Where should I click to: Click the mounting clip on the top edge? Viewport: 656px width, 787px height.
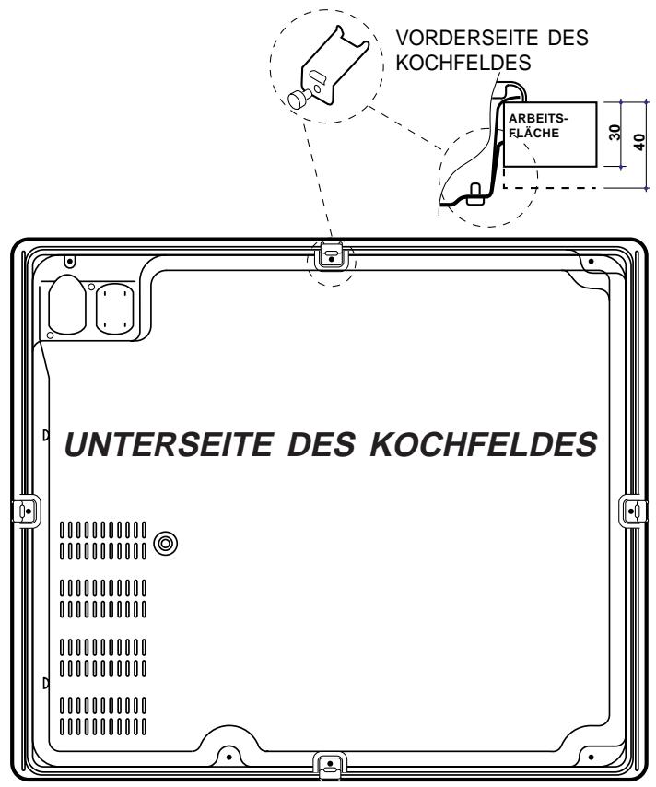(331, 254)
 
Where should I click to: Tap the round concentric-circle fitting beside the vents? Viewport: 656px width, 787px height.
(165, 543)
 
